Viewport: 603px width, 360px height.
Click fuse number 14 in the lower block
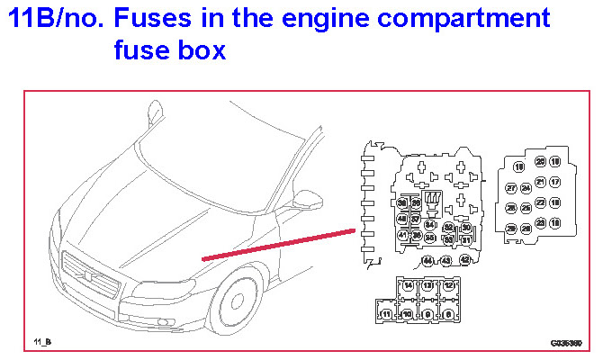(x=408, y=284)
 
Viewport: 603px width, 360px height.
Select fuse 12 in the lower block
(x=448, y=284)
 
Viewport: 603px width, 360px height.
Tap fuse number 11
(x=386, y=314)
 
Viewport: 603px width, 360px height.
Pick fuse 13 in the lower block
(x=427, y=284)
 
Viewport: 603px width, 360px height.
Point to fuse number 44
(x=427, y=260)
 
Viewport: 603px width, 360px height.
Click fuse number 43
(x=446, y=260)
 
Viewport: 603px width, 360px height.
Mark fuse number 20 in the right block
(x=540, y=162)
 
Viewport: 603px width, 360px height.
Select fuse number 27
(x=510, y=188)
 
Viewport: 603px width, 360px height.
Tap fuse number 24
(x=526, y=188)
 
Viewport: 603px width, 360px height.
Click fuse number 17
(x=555, y=182)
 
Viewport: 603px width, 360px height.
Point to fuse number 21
(x=540, y=182)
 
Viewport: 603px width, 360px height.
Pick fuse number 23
(x=540, y=223)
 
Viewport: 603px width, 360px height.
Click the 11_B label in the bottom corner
(x=42, y=343)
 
